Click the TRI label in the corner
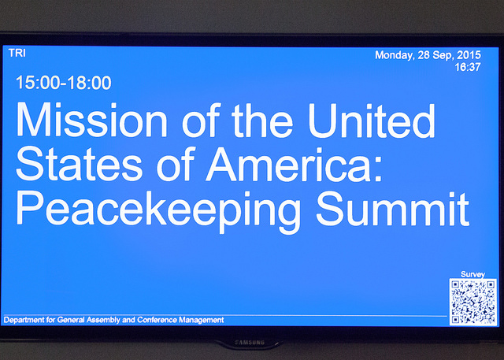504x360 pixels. pyautogui.click(x=17, y=53)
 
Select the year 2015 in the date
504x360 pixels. pyautogui.click(x=469, y=55)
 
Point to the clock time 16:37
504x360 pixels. pyautogui.click(x=468, y=67)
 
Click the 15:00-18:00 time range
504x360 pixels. pyautogui.click(x=64, y=83)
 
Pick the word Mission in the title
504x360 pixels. pyautogui.click(x=91, y=120)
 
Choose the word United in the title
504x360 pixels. pyautogui.click(x=372, y=121)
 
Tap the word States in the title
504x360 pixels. pyautogui.click(x=80, y=164)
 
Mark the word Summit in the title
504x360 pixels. pyautogui.click(x=393, y=208)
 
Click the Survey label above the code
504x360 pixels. pyautogui.click(x=472, y=274)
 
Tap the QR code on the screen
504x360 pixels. pyautogui.click(x=472, y=302)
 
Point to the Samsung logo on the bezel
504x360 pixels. pyautogui.click(x=250, y=343)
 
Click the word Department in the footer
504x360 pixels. pyautogui.click(x=24, y=320)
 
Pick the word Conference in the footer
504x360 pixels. pyautogui.click(x=157, y=320)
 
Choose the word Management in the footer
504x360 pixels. pyautogui.click(x=202, y=320)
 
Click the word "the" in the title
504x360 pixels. pyautogui.click(x=262, y=121)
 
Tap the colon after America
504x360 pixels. pyautogui.click(x=378, y=169)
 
